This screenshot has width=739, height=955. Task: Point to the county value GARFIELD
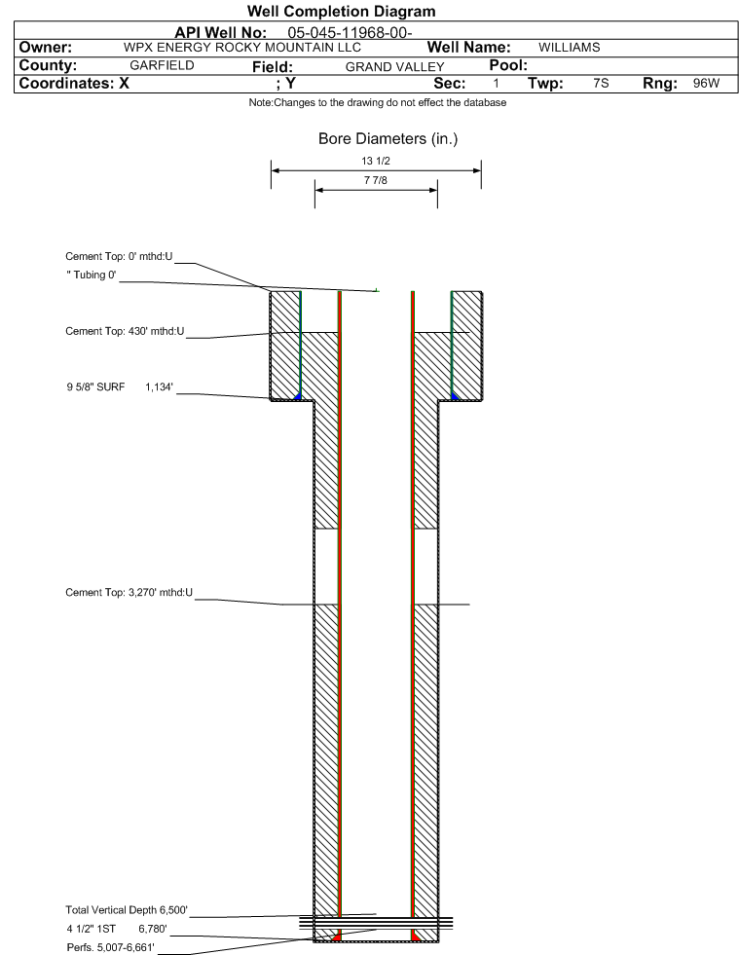click(x=162, y=65)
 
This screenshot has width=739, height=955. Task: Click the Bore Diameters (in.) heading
click(x=388, y=140)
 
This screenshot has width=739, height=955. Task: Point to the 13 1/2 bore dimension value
click(x=375, y=163)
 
